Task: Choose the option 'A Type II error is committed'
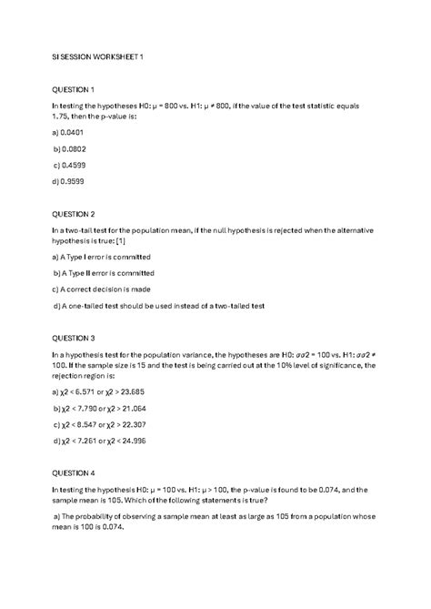(105, 273)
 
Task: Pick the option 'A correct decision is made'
(103, 289)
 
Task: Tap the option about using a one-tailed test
(159, 306)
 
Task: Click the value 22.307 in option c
(158, 425)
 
